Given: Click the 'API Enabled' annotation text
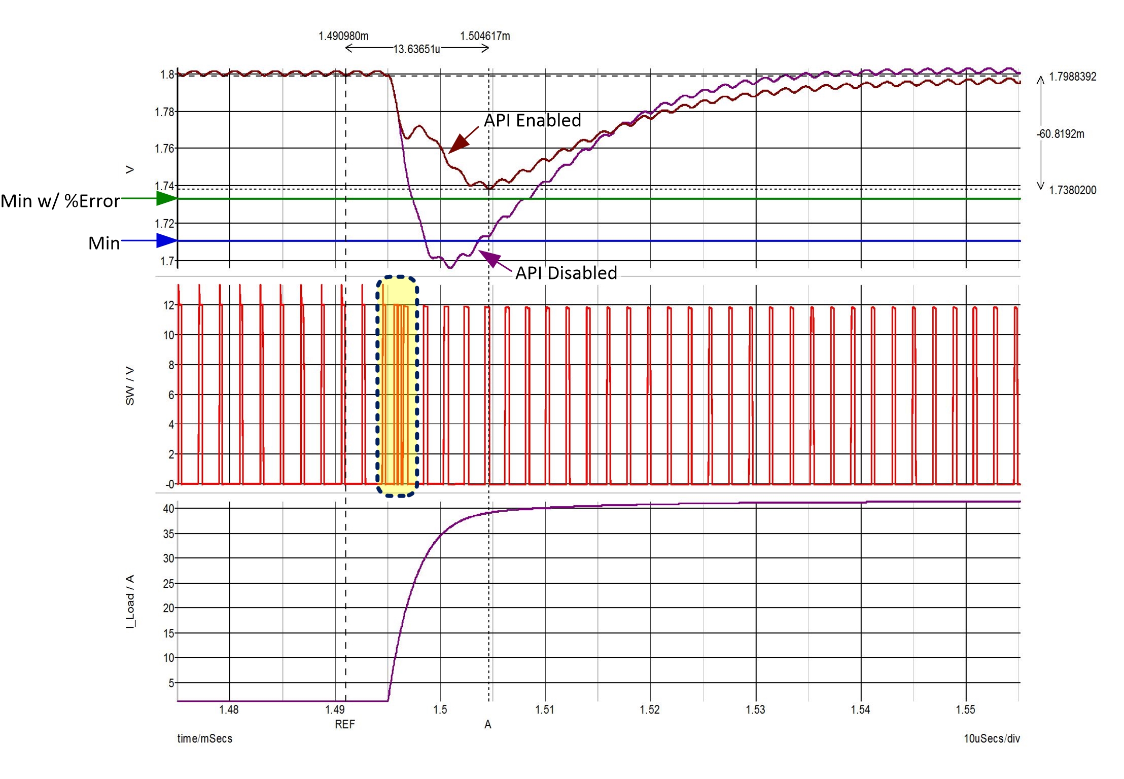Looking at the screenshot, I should (x=532, y=120).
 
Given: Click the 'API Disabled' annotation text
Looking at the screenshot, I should (x=566, y=273).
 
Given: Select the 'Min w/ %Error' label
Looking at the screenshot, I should (x=60, y=201).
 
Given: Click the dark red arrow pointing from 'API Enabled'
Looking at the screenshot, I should (x=462, y=140).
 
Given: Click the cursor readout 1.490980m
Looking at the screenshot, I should (x=343, y=36).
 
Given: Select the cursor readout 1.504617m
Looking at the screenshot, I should (x=485, y=36).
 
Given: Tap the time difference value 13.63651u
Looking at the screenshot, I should (x=416, y=49).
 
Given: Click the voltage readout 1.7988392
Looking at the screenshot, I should (x=1072, y=77).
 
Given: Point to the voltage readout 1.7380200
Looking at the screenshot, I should (x=1072, y=190).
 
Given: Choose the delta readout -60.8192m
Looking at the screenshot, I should (x=1060, y=134).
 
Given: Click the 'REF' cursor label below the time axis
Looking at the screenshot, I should (x=345, y=724).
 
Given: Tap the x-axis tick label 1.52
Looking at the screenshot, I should (x=650, y=710).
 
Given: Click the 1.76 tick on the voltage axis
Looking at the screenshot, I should (x=164, y=149).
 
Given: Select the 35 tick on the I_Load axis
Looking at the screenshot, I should (x=168, y=534).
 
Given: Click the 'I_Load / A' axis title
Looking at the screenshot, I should (x=130, y=602).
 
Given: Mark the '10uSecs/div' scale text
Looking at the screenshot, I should (x=992, y=738).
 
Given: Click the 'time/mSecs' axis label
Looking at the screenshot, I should (x=204, y=738).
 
